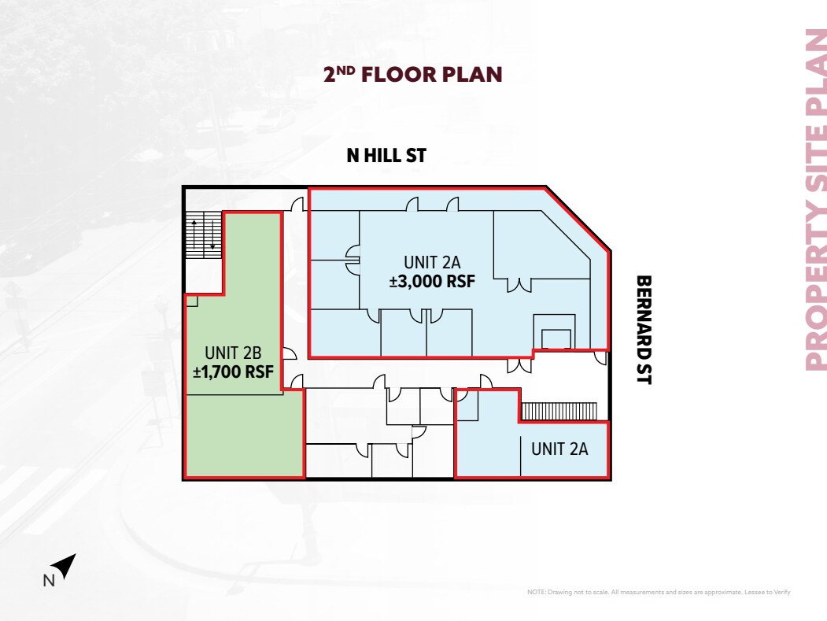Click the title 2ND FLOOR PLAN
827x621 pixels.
coord(412,75)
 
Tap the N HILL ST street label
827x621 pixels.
coord(386,156)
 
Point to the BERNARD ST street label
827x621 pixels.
coord(644,329)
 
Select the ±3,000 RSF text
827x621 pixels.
coord(432,281)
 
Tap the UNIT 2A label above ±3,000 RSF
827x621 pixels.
coord(432,262)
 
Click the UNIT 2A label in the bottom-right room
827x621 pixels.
coord(559,449)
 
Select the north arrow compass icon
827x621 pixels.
coord(65,565)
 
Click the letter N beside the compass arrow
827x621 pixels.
coord(47,582)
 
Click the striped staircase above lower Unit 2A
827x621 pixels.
coord(561,412)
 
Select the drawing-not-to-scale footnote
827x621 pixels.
coord(658,592)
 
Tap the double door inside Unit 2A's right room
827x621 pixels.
coord(518,285)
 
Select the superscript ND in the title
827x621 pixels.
coord(346,70)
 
